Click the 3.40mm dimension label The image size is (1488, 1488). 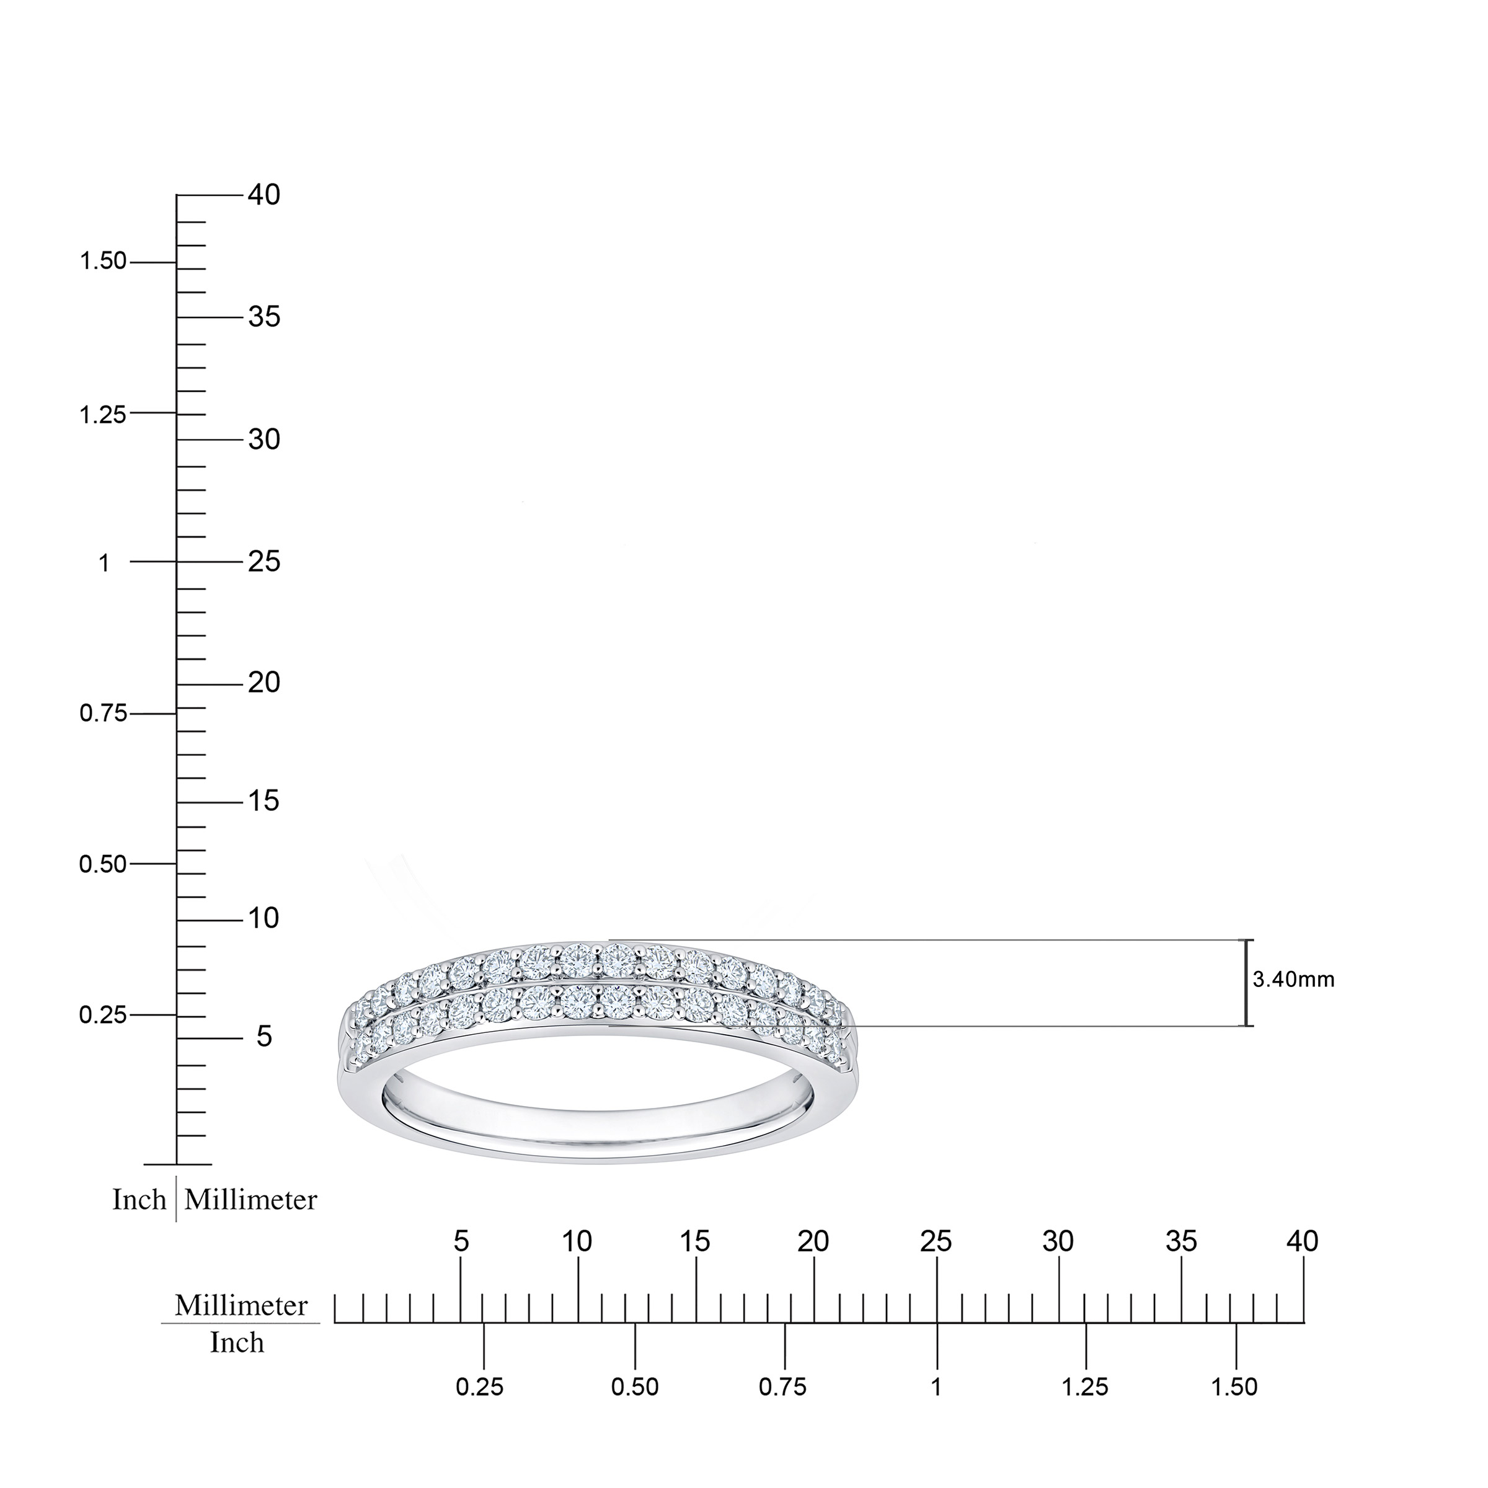[x=1294, y=980]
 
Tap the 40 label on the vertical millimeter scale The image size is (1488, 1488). [x=264, y=196]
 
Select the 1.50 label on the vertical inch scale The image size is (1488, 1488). [x=103, y=262]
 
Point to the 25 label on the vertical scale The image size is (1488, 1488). [x=264, y=562]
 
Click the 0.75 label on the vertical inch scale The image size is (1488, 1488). [x=103, y=714]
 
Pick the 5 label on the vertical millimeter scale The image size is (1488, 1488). [x=264, y=1037]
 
